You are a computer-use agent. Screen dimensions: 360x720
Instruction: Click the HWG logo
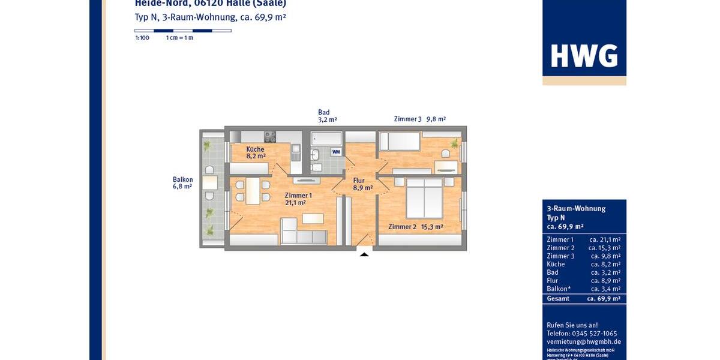584,56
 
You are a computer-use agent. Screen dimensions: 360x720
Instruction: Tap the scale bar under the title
183,30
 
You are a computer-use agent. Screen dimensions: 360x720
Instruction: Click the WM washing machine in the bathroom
336,152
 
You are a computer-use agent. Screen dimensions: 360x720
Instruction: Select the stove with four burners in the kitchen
270,136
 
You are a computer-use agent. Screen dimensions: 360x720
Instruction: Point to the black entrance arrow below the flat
364,254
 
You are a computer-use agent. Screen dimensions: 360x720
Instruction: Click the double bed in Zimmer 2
425,198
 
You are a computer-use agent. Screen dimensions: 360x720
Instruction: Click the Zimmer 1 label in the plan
298,199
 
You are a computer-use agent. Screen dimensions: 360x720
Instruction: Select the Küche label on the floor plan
255,152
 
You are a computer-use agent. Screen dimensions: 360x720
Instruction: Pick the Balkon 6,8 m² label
182,183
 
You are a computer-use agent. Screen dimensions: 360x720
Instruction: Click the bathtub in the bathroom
326,139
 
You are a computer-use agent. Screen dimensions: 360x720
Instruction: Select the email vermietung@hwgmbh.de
583,341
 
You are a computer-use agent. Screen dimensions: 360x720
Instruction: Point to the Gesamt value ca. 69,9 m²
603,298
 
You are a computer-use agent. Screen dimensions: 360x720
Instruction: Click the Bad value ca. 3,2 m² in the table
605,272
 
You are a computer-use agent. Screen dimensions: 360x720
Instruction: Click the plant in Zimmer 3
454,143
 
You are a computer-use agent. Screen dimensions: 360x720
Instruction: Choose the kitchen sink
295,149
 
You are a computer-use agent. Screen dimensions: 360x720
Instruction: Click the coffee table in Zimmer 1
313,219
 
